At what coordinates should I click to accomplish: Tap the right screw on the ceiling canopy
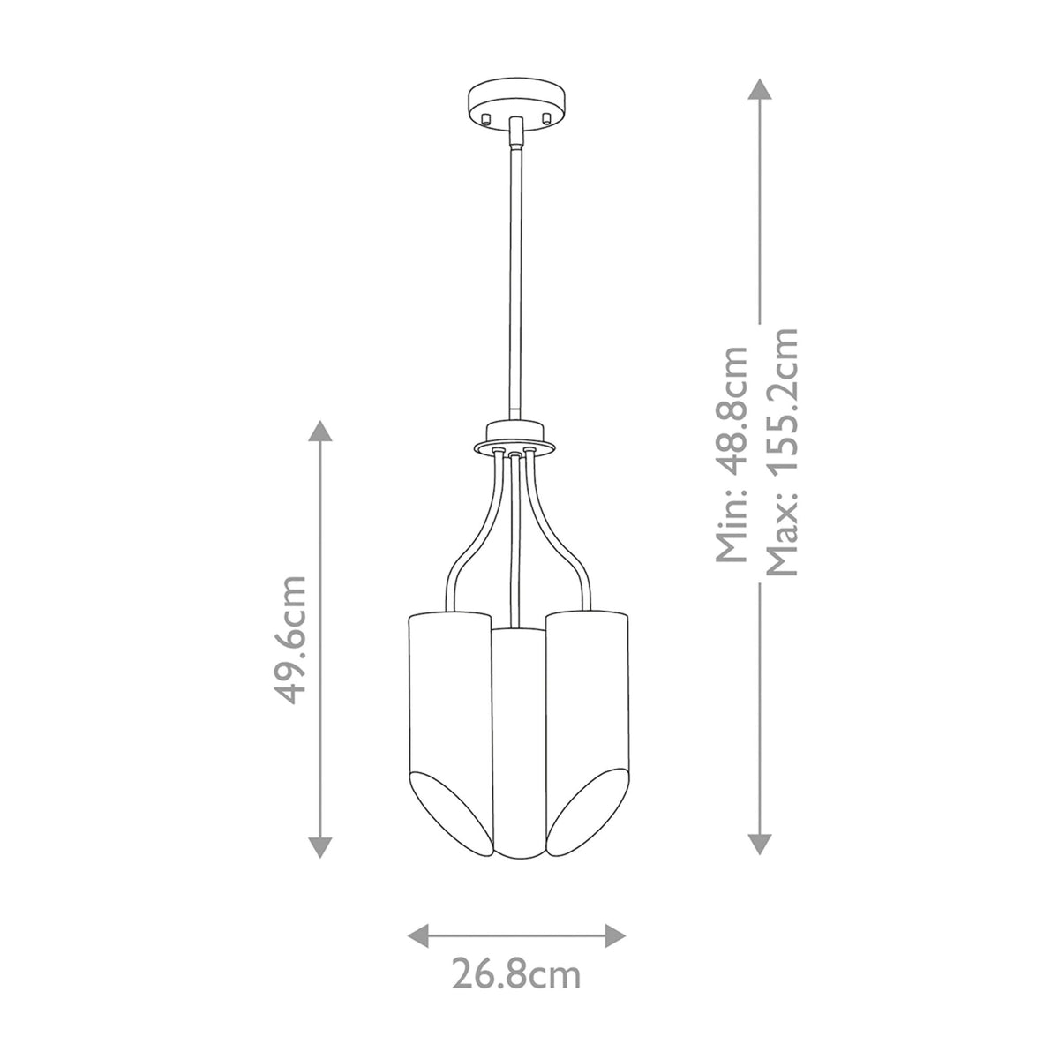[546, 117]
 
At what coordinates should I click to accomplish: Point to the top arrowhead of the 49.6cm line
[320, 431]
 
